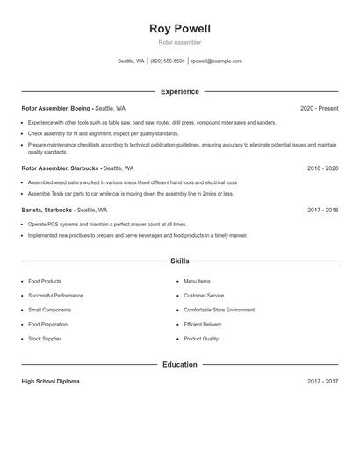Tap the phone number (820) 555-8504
[x=167, y=61]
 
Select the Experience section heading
[x=179, y=91]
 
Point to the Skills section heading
[x=179, y=261]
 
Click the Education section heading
[x=179, y=364]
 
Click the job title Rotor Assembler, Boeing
[x=55, y=108]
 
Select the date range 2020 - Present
[x=319, y=108]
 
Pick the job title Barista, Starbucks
[x=47, y=211]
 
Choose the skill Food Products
[x=44, y=282]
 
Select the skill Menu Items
[x=197, y=282]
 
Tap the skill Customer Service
[x=204, y=296]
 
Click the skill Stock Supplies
[x=45, y=338]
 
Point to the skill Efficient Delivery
[x=203, y=324]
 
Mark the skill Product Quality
[x=201, y=338]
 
